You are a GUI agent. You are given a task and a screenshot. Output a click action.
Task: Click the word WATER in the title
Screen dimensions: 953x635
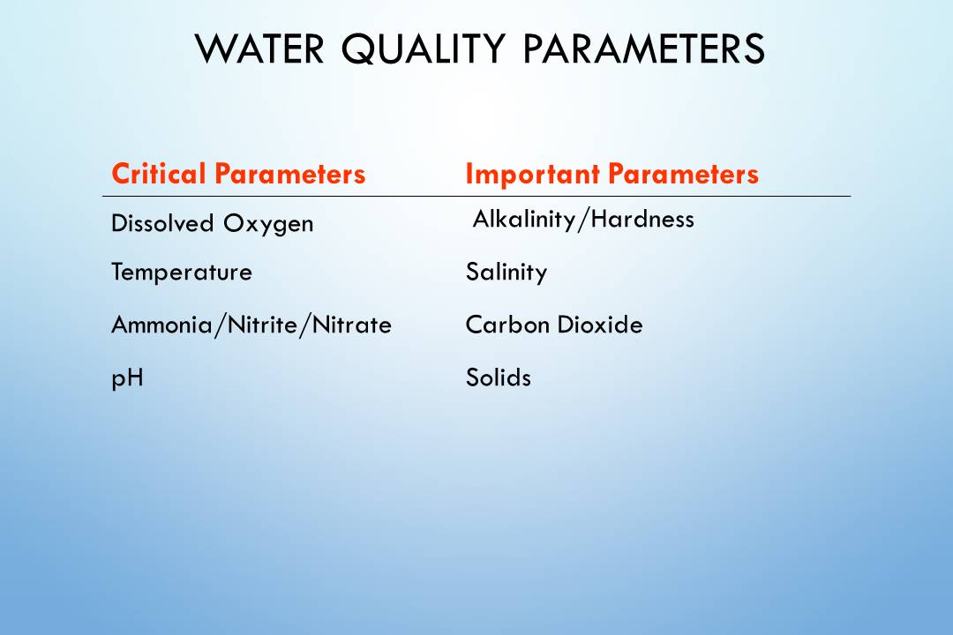pyautogui.click(x=259, y=49)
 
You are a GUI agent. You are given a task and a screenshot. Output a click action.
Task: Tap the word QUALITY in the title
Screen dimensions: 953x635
pyautogui.click(x=423, y=49)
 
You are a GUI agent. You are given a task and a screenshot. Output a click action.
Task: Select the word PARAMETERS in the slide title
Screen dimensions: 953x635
pyautogui.click(x=643, y=49)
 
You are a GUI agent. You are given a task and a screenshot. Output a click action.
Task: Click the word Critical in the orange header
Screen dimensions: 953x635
pyautogui.click(x=158, y=174)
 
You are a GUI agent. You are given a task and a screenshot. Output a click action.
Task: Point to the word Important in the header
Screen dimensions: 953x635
pyautogui.click(x=532, y=175)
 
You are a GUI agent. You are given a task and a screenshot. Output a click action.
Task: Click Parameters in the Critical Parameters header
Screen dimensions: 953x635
pyautogui.click(x=290, y=174)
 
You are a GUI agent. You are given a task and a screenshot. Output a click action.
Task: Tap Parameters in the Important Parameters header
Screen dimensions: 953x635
pyautogui.click(x=683, y=174)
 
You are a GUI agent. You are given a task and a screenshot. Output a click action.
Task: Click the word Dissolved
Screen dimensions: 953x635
pyautogui.click(x=162, y=223)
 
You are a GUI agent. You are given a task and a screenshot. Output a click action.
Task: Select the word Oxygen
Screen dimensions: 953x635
pyautogui.click(x=268, y=224)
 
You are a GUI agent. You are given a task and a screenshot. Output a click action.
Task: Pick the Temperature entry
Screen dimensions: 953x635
pyautogui.click(x=182, y=272)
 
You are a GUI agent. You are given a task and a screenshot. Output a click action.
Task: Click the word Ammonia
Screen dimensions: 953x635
pyautogui.click(x=161, y=325)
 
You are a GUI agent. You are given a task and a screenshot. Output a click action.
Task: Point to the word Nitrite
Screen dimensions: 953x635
pyautogui.click(x=262, y=325)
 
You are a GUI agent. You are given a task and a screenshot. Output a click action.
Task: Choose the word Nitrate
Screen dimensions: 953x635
pyautogui.click(x=351, y=325)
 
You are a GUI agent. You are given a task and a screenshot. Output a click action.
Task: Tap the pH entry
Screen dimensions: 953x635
pyautogui.click(x=127, y=378)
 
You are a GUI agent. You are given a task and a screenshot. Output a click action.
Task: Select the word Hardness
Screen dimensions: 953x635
pyautogui.click(x=642, y=219)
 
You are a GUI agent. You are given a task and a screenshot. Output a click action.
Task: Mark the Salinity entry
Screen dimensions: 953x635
pyautogui.click(x=507, y=272)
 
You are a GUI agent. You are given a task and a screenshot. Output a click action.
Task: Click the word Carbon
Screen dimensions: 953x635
pyautogui.click(x=507, y=325)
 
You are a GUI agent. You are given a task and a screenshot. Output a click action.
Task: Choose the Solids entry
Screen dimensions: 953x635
pyautogui.click(x=499, y=377)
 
